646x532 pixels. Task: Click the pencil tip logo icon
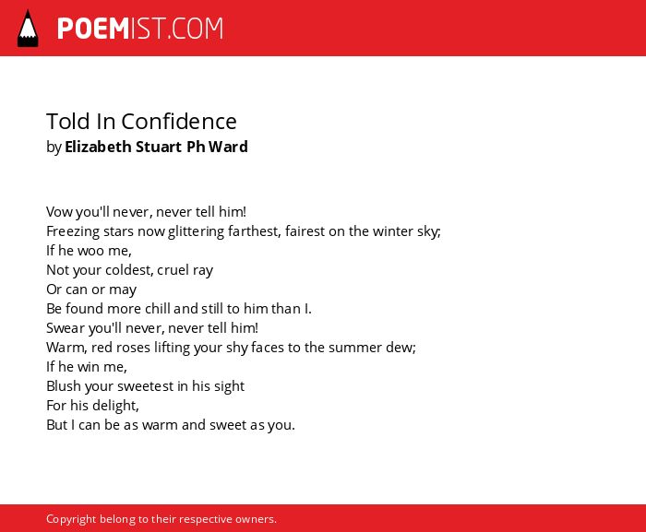coord(28,29)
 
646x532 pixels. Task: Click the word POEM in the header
coord(93,29)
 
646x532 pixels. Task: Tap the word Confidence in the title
coord(179,122)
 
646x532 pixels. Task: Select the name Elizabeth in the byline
coord(98,147)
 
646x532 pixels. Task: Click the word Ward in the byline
coord(228,147)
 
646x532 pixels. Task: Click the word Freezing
coord(73,231)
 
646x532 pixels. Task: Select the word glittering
coord(196,231)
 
